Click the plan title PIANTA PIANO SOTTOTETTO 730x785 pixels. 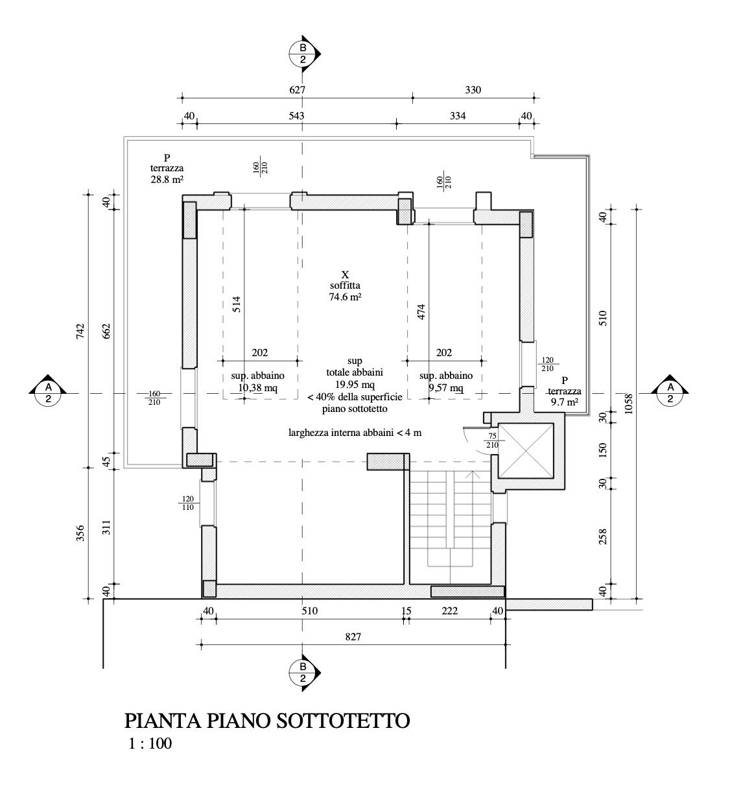pos(266,721)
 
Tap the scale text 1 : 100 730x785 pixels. pos(150,743)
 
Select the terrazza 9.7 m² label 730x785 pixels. pos(563,391)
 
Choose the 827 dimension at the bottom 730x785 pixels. pos(353,637)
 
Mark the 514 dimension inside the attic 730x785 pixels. pos(237,305)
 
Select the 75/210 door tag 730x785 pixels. pos(492,441)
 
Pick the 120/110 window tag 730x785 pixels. pos(188,503)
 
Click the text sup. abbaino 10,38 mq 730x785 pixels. pos(257,382)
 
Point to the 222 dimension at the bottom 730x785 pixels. pos(450,610)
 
